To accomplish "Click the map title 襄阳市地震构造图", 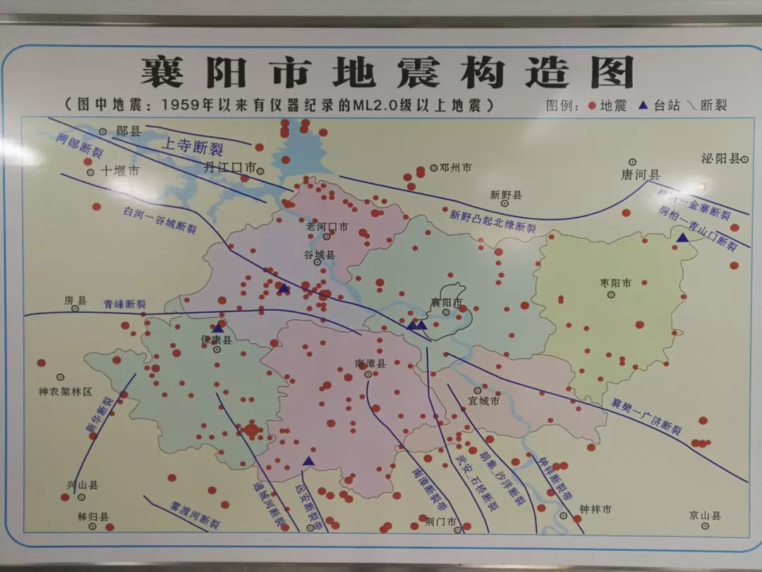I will coord(387,72).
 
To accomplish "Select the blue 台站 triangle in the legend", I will coord(643,106).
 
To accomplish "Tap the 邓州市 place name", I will coord(455,168).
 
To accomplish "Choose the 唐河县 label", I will coord(640,174).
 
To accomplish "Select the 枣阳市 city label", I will coord(615,282).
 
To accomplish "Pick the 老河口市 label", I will coord(327,227).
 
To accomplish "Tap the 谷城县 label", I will coord(320,254).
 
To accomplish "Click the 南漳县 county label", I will coord(370,364).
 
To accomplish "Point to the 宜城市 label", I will coord(484,401).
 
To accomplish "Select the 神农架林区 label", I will coord(66,391).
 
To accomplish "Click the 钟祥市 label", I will coord(595,508).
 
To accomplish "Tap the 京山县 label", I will coord(706,516).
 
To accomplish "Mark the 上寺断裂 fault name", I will coord(192,147).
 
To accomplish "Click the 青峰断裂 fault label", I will coord(124,304).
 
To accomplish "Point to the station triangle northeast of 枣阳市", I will coord(682,238).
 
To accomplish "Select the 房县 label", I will coord(75,301).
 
